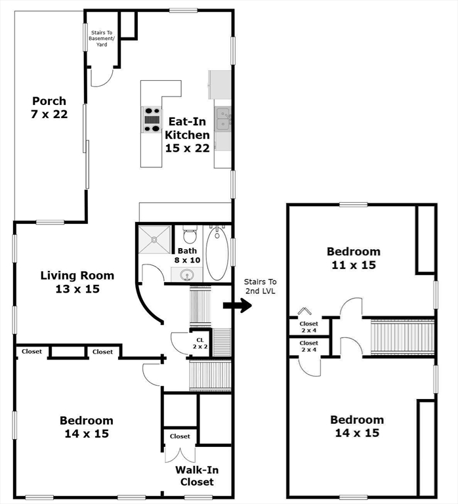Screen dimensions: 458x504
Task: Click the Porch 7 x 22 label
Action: point(49,108)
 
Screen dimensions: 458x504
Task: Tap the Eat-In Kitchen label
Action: point(187,128)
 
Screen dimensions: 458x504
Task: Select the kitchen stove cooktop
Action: point(152,119)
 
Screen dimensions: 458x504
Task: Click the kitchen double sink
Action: point(222,119)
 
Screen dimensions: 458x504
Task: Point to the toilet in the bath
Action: point(190,234)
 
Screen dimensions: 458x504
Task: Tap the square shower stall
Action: point(154,240)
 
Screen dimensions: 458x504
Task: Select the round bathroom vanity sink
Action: point(186,275)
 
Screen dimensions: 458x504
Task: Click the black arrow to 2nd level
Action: point(237,305)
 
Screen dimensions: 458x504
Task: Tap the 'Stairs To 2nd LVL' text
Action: point(260,286)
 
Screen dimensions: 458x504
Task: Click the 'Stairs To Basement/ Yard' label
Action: point(102,39)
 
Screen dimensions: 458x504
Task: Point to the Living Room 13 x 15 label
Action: point(77,282)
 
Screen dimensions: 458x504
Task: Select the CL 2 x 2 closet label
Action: point(200,343)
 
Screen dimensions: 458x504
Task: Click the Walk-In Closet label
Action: point(197,476)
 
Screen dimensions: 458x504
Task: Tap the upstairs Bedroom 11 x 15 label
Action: point(354,258)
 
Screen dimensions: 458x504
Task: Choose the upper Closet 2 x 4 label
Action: point(308,327)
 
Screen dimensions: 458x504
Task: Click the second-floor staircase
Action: point(402,337)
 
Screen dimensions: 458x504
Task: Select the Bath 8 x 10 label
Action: point(188,255)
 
